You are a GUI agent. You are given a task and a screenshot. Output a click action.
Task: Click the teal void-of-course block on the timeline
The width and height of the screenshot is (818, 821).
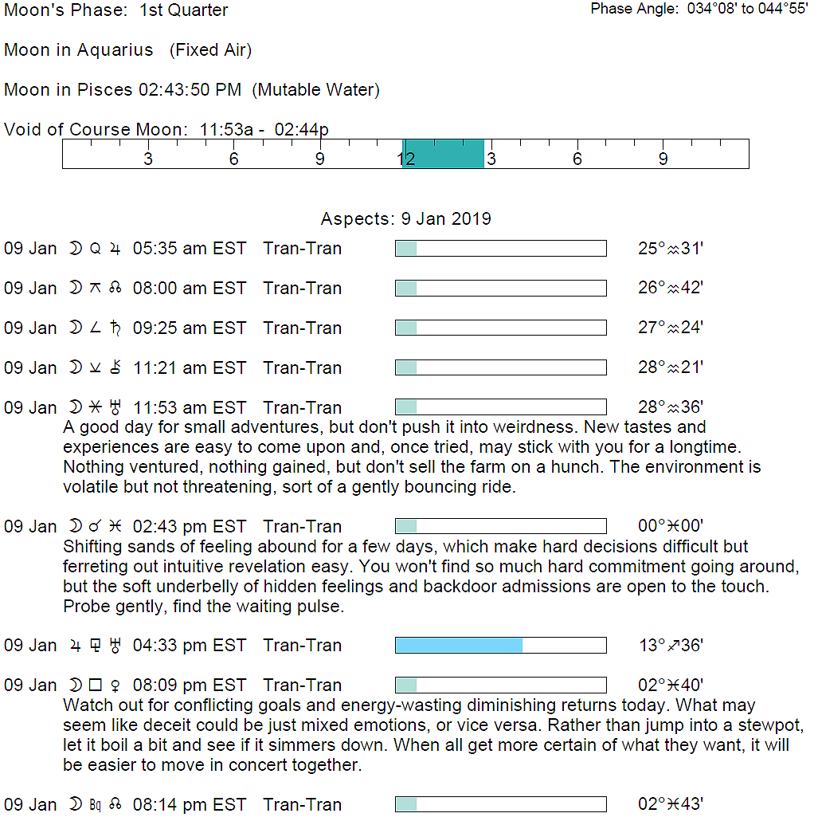click(x=444, y=154)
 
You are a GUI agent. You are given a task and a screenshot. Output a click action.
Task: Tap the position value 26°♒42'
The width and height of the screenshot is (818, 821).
click(x=670, y=289)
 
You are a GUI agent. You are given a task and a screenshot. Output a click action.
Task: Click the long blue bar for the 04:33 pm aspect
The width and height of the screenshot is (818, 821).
click(x=459, y=646)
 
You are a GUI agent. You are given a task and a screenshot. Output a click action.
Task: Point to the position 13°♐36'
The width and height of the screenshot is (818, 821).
click(x=670, y=646)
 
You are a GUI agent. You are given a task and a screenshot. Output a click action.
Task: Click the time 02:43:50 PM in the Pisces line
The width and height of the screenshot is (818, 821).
click(x=190, y=90)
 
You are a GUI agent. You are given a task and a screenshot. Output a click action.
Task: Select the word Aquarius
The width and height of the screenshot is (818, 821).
click(x=115, y=50)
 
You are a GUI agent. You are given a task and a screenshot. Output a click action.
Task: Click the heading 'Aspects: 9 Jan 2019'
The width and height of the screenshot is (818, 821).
click(x=405, y=219)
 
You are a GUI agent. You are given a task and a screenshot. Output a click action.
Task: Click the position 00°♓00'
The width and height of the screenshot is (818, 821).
click(x=670, y=527)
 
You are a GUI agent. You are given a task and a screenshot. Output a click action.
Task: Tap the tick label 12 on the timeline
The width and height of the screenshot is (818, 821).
click(x=406, y=159)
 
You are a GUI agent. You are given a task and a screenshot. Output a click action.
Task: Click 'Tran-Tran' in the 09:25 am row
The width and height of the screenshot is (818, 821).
click(x=302, y=328)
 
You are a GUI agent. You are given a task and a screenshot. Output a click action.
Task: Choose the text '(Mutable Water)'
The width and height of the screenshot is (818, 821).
click(x=315, y=90)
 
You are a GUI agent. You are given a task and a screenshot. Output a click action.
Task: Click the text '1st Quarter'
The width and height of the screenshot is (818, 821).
click(x=183, y=10)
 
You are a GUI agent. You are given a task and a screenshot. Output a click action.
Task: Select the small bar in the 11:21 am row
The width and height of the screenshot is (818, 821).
click(x=406, y=368)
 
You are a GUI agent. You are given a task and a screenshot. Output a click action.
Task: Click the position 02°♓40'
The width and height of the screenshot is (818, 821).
click(x=670, y=685)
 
